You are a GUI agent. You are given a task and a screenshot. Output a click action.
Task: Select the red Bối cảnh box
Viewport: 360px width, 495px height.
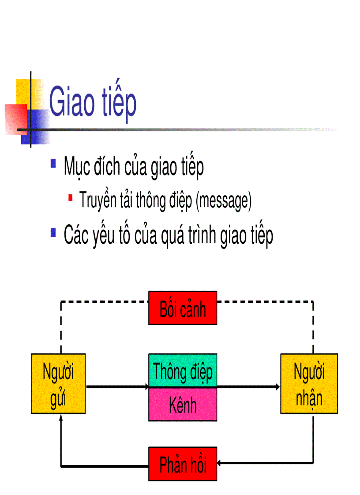[183, 308]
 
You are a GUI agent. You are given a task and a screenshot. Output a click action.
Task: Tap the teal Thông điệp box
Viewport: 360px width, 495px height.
[183, 371]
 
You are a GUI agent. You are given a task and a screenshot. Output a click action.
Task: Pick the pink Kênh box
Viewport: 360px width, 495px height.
[183, 405]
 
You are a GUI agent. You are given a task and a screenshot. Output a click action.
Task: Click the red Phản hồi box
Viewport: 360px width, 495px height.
[183, 464]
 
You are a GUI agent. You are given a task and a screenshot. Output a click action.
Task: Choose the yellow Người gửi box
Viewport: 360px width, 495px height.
[58, 383]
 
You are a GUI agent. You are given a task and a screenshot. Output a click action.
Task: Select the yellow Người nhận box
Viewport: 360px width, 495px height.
[309, 383]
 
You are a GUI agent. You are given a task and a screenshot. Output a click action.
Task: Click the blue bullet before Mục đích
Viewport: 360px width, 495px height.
[53, 164]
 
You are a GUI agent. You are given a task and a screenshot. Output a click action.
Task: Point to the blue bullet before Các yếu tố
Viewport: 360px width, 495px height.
[53, 232]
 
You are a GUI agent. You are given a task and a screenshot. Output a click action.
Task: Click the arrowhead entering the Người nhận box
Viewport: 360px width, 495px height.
[278, 387]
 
